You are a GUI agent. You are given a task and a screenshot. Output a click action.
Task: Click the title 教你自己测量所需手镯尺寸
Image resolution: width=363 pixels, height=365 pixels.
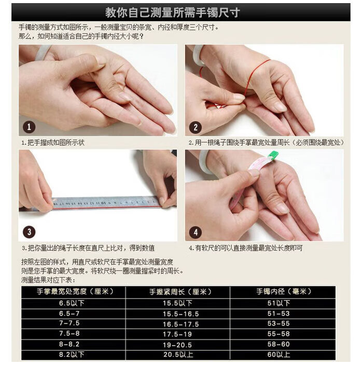pos(173,12)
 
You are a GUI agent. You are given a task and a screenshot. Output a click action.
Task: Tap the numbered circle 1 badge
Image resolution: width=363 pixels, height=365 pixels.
pos(29,127)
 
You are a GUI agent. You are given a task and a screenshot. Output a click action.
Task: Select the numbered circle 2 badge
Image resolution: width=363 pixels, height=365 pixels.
pos(196,127)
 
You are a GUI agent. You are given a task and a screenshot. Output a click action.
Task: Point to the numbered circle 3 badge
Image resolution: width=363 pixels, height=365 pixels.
pos(29,232)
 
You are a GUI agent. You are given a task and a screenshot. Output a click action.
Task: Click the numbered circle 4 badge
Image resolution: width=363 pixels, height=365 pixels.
pos(196,232)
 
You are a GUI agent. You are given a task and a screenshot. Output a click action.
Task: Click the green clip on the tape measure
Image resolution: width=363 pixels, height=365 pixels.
pos(273,155)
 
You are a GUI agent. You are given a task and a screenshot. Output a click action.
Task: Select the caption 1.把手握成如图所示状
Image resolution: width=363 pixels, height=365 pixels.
pos(53,142)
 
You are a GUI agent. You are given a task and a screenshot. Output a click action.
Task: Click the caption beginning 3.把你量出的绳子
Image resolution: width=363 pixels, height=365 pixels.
pos(88,248)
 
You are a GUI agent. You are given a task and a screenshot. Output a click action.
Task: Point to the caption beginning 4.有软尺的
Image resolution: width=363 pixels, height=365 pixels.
pos(246,248)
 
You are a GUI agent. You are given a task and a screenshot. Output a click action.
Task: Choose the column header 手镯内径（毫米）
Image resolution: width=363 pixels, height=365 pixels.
pos(284,292)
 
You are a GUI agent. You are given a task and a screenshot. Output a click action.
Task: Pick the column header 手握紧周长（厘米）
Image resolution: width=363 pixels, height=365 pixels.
pos(180,292)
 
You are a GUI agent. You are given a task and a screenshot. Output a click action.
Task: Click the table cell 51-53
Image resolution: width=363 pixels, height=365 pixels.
pos(278,314)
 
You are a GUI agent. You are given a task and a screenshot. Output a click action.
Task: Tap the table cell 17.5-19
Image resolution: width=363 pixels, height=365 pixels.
pos(177,334)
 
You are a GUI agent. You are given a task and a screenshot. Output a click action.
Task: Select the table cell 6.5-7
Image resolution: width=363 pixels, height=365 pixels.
pos(69,314)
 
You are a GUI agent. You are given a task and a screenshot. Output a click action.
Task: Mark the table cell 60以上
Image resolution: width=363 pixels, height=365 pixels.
pos(278,354)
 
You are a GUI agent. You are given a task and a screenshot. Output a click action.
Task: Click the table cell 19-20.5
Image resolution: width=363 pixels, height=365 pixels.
pos(177,345)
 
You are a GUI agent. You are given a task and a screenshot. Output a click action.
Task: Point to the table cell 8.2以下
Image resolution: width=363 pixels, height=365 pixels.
pos(72,354)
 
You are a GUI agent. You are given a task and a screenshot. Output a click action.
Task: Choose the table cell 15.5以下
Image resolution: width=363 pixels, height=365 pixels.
pos(177,303)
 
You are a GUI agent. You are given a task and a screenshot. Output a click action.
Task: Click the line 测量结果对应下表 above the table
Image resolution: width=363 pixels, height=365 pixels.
pos(48,280)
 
